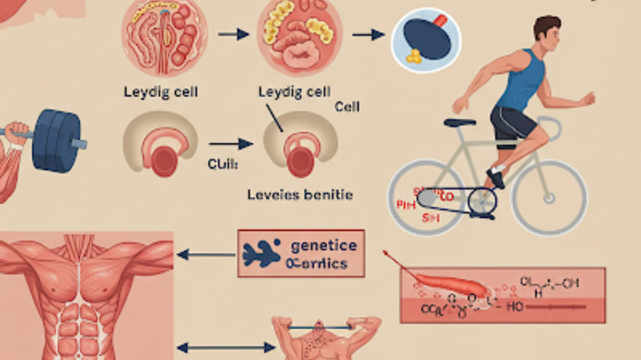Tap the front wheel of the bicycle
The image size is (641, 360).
(549, 198)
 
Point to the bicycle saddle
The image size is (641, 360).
(460, 122)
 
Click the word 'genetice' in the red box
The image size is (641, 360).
(324, 245)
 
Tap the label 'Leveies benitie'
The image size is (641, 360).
(300, 195)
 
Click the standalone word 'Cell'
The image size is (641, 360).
(347, 107)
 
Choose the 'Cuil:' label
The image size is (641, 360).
(223, 165)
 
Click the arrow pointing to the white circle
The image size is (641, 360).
(368, 35)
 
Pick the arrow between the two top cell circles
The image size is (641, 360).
(233, 34)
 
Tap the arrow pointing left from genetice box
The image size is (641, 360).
(206, 255)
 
